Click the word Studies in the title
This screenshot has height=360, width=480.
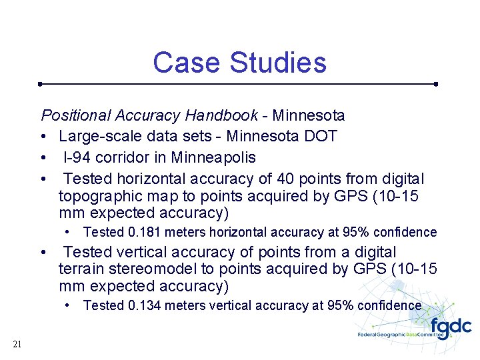pyautogui.click(x=278, y=63)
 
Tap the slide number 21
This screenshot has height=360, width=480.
pyautogui.click(x=17, y=344)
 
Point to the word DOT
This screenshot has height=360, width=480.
pyautogui.click(x=321, y=137)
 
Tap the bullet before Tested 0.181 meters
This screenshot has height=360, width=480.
pyautogui.click(x=69, y=233)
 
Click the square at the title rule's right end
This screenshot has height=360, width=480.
pyautogui.click(x=435, y=84)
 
